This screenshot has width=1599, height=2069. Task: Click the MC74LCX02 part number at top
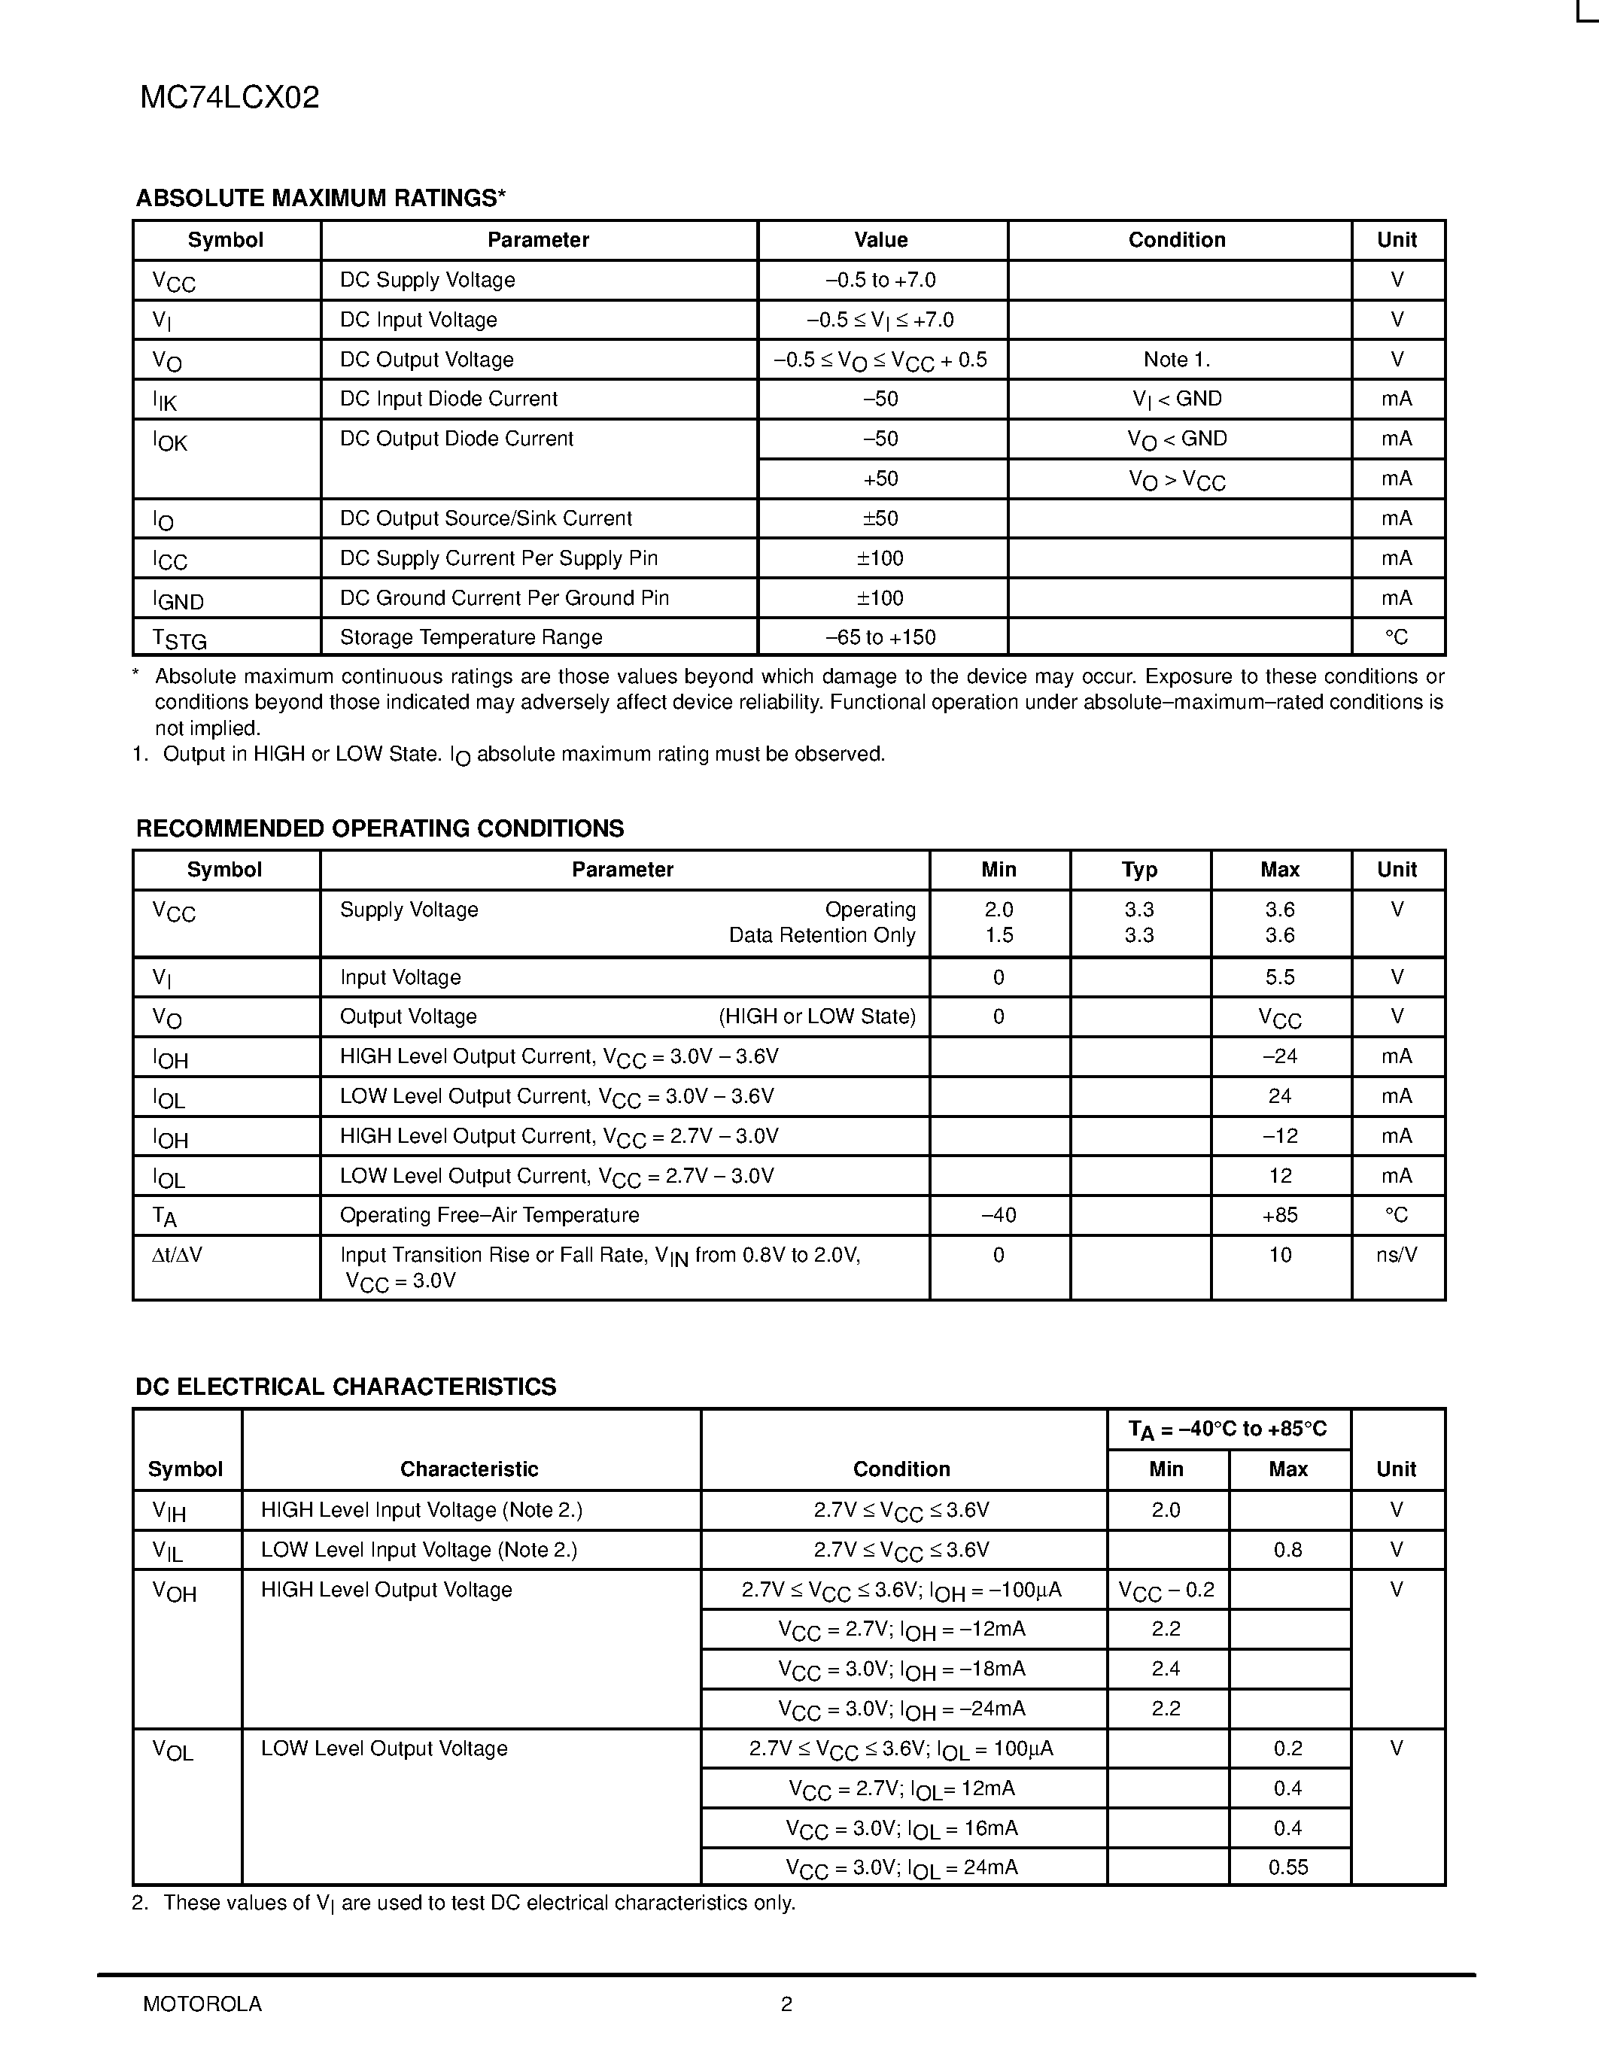(230, 98)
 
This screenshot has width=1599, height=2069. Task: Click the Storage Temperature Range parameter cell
(471, 637)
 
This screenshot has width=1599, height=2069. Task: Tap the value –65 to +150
(880, 637)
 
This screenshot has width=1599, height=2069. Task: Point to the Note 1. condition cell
(1177, 360)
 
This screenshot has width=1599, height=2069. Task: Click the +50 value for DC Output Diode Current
(880, 479)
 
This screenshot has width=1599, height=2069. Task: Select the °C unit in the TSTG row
(1397, 637)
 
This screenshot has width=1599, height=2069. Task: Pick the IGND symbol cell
(178, 600)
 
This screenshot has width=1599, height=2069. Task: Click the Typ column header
(1138, 870)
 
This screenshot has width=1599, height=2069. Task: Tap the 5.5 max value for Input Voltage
(1280, 977)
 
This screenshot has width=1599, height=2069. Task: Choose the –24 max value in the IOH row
(1280, 1056)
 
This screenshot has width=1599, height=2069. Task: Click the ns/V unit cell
(1397, 1255)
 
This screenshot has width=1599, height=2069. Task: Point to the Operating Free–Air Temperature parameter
(489, 1215)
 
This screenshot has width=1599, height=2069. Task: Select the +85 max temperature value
(1280, 1215)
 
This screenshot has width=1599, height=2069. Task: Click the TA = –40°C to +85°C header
(1228, 1429)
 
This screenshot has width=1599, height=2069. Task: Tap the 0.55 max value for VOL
(1287, 1867)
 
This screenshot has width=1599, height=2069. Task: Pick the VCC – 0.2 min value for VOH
(1166, 1590)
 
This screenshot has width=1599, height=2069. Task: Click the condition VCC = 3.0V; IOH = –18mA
(901, 1669)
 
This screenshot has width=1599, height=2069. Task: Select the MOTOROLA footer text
(202, 2004)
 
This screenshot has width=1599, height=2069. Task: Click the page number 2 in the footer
(786, 2004)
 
